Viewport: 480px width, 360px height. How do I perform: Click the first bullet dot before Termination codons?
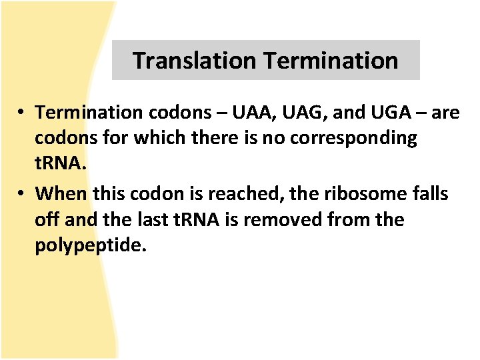click(x=23, y=113)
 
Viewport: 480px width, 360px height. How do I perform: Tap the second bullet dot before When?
click(x=23, y=194)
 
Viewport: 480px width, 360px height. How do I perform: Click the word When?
click(x=62, y=193)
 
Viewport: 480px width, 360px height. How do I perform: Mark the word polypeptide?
click(x=89, y=245)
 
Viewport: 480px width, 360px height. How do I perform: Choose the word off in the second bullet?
click(x=48, y=219)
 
